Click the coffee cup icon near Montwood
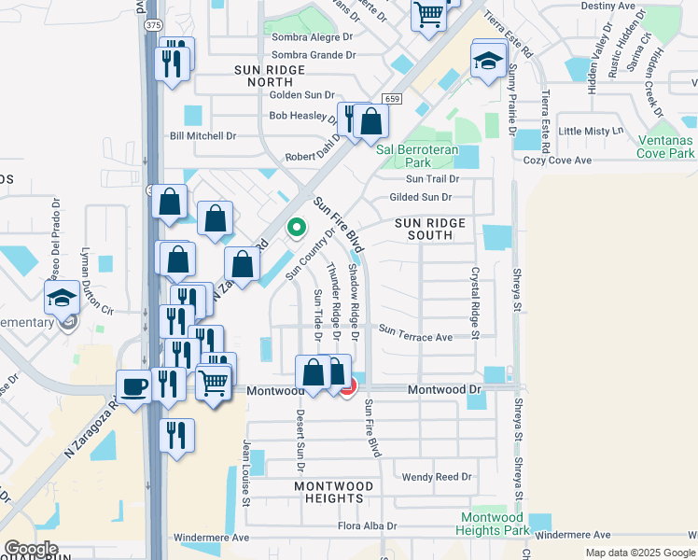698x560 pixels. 133,385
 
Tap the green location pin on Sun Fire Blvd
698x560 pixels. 297,227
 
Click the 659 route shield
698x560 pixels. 392,99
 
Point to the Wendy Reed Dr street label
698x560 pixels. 437,477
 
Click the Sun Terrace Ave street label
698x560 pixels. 415,337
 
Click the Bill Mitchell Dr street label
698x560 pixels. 202,136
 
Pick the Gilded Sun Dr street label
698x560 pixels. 421,197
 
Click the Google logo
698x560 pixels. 31,549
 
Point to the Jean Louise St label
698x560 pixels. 246,473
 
